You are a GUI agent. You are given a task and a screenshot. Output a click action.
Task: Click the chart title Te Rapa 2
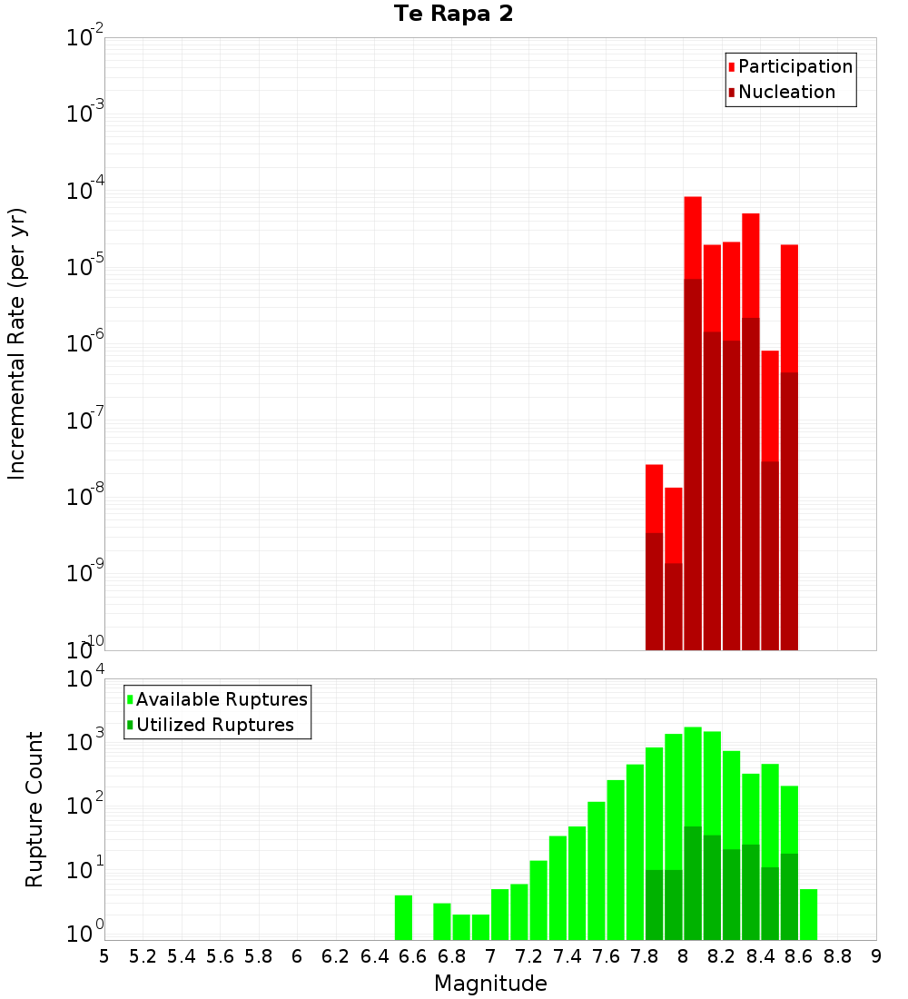453,15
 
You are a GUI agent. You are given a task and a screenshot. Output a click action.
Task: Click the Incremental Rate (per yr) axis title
16,344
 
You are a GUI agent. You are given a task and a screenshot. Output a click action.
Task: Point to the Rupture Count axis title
35,809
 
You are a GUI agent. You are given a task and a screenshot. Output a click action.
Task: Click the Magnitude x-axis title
490,984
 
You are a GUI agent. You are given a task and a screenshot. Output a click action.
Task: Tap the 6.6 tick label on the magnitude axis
413,956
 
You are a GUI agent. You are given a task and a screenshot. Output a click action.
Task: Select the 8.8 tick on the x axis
837,956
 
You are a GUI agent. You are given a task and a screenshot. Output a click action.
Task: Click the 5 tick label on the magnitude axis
104,956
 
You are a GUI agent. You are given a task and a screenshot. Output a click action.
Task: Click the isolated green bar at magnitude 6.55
403,918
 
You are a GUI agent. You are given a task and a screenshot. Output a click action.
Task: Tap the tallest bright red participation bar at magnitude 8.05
693,236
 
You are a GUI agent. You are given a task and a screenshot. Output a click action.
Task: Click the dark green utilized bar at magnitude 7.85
654,905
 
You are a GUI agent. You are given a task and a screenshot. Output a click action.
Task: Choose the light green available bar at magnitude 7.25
538,900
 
